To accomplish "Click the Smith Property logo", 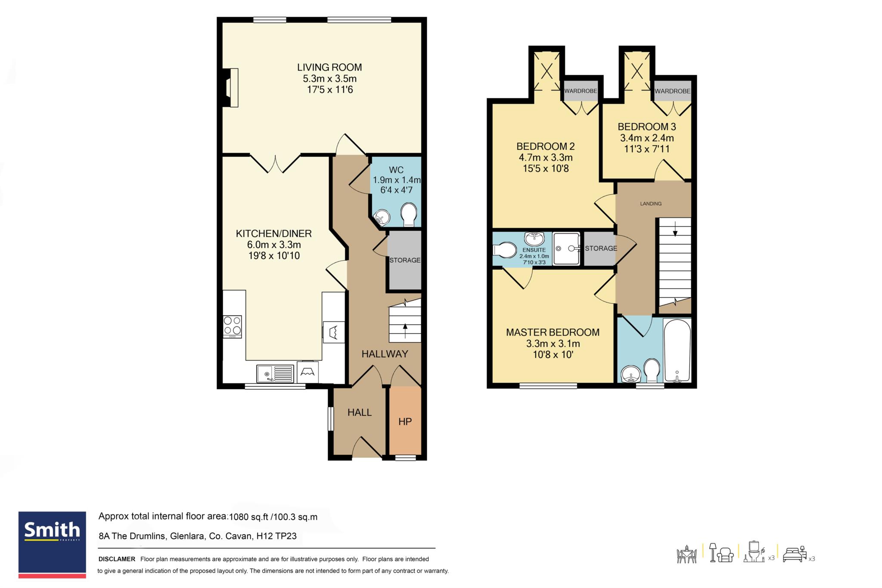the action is click(x=52, y=544).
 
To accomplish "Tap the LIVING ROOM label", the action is click(x=329, y=67).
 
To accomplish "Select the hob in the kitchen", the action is click(x=233, y=327).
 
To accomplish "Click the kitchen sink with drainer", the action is click(x=275, y=373).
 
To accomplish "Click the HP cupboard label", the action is click(x=405, y=422).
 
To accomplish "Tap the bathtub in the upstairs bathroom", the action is click(x=677, y=351).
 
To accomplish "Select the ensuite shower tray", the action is click(x=567, y=249).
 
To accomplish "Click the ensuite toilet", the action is click(x=504, y=249).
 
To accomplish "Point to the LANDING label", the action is click(x=651, y=204).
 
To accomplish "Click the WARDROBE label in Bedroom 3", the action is click(x=673, y=91).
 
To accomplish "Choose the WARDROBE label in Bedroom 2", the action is click(x=581, y=91).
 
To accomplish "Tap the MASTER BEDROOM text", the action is click(x=553, y=333).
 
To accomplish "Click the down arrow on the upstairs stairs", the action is click(x=675, y=228).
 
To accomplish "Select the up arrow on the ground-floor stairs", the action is click(x=405, y=330).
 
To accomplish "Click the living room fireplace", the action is click(x=230, y=87).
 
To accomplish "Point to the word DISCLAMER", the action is click(x=117, y=559).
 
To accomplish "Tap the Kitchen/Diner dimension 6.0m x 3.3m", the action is click(x=274, y=245).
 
